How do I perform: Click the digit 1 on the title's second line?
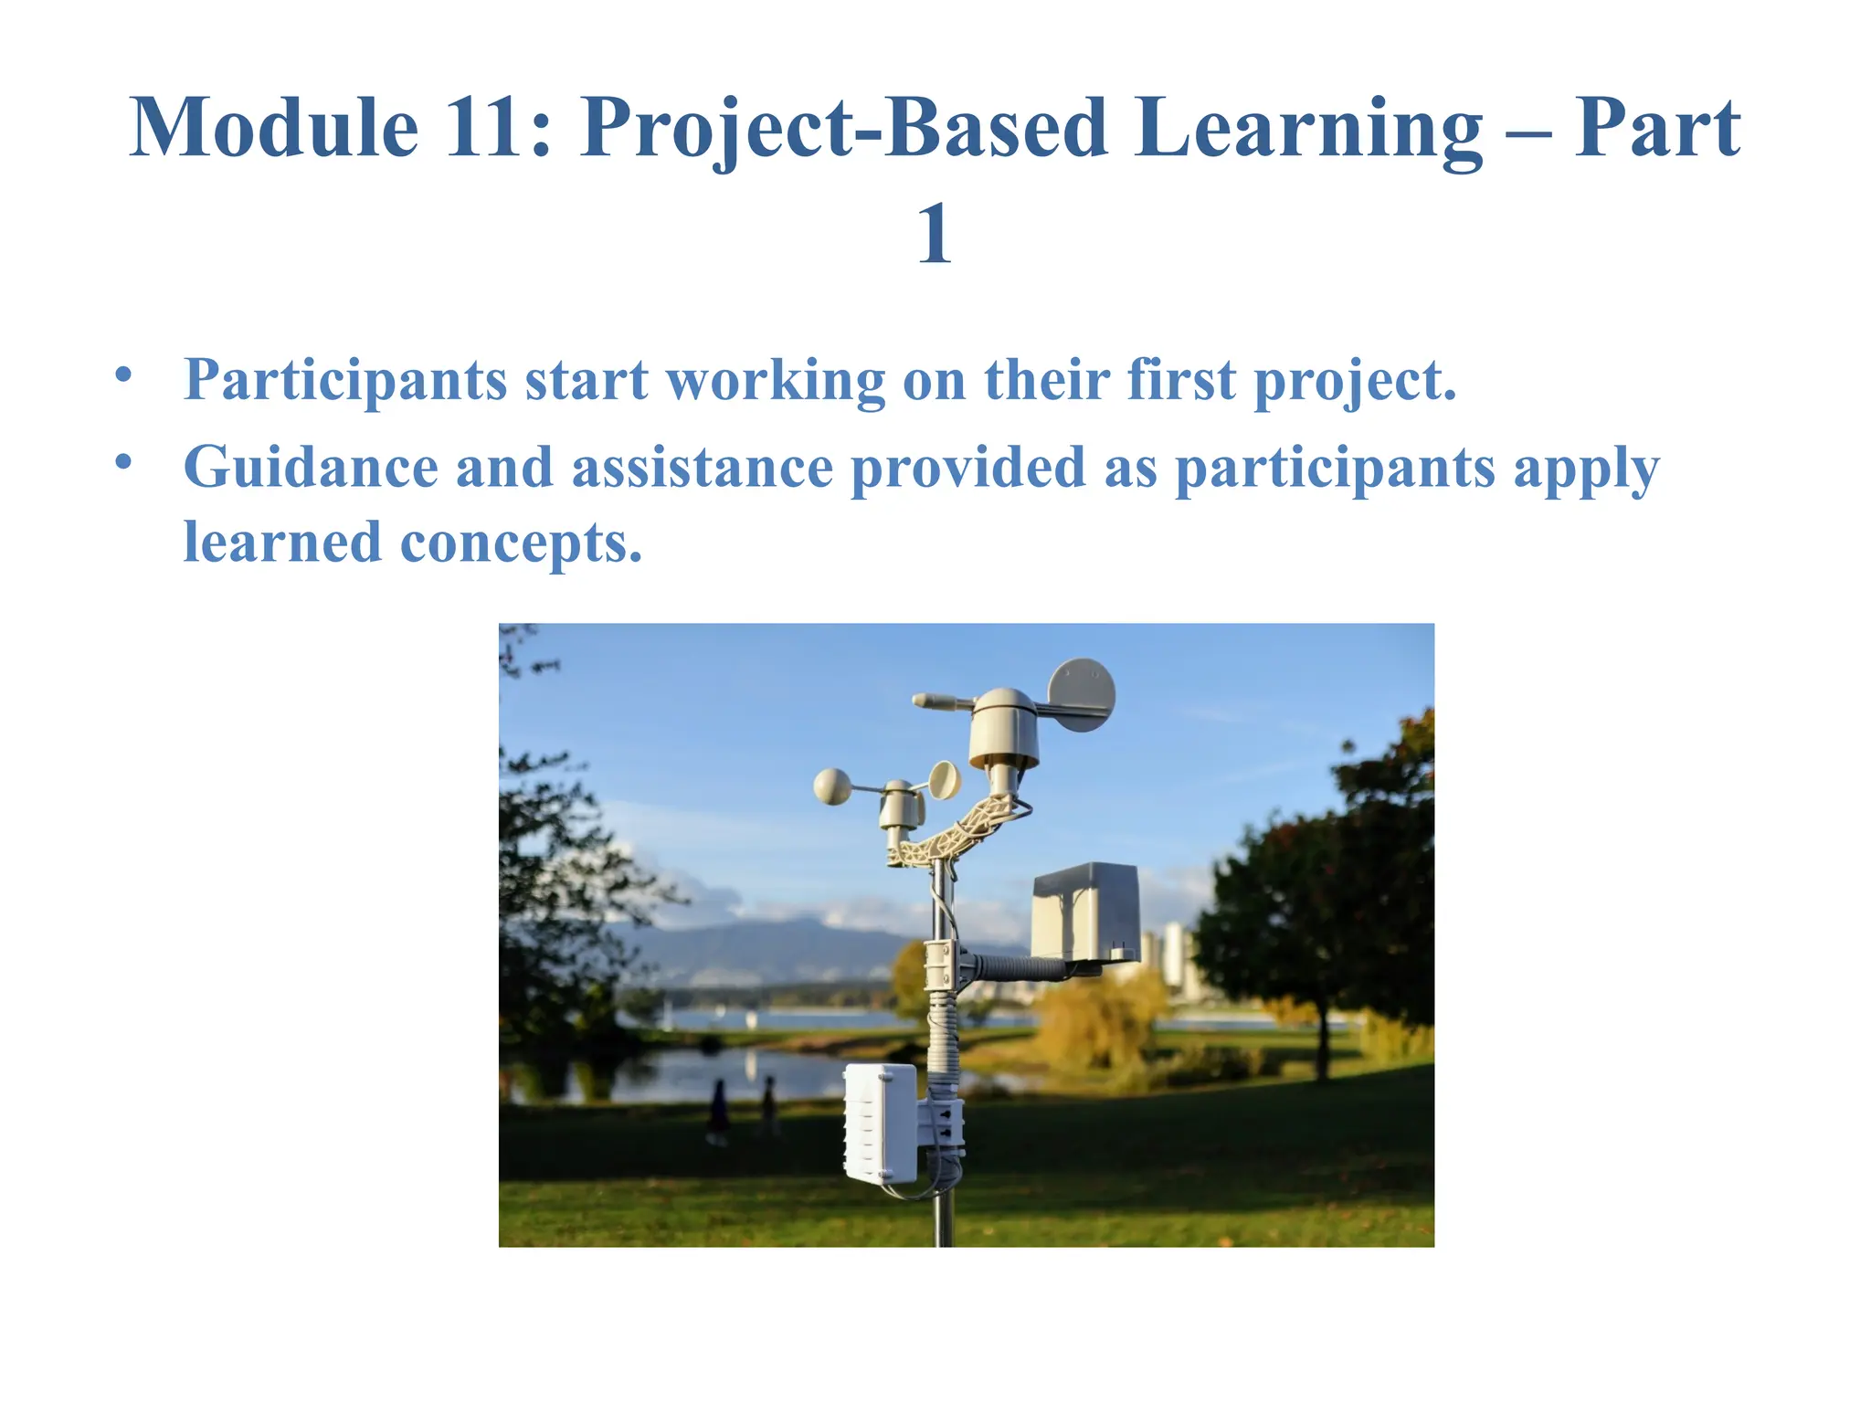coord(934,234)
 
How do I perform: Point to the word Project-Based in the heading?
coord(842,130)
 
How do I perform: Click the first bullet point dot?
coord(124,374)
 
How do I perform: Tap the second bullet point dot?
coord(124,462)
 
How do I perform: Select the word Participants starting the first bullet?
coord(345,380)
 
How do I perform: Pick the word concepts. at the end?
coord(521,544)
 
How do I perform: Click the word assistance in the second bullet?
coord(702,468)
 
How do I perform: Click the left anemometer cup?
coord(832,786)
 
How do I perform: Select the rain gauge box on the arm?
coord(1085,912)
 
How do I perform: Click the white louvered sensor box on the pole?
coord(880,1123)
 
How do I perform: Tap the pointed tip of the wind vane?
coord(921,701)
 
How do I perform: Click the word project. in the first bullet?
coord(1355,380)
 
